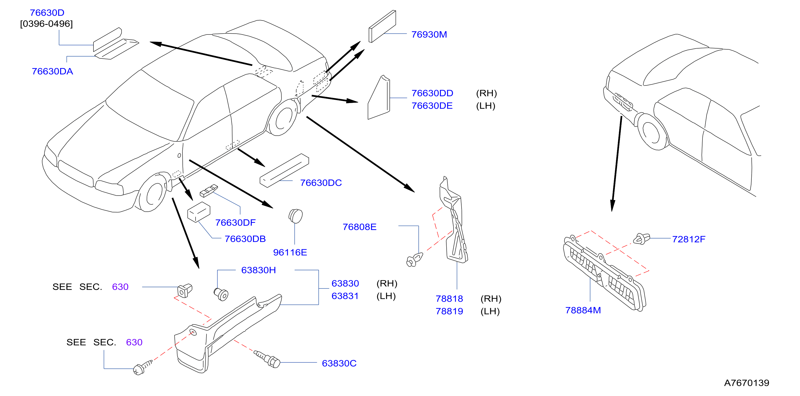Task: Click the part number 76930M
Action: pyautogui.click(x=429, y=34)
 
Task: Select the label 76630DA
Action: pyautogui.click(x=52, y=71)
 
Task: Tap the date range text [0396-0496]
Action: pyautogui.click(x=46, y=24)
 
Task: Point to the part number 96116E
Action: pyautogui.click(x=290, y=252)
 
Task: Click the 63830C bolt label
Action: pyautogui.click(x=339, y=363)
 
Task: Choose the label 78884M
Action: pyautogui.click(x=583, y=310)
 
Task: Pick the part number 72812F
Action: pyautogui.click(x=689, y=239)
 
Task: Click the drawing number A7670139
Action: pyautogui.click(x=747, y=383)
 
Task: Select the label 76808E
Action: pyautogui.click(x=359, y=227)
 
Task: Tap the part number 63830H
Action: pyautogui.click(x=258, y=270)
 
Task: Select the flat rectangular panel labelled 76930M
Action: pyautogui.click(x=382, y=26)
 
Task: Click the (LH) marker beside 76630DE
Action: pyautogui.click(x=485, y=106)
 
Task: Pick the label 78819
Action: pyautogui.click(x=449, y=311)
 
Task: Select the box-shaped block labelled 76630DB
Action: pyautogui.click(x=199, y=212)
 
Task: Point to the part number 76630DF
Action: pyautogui.click(x=235, y=223)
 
